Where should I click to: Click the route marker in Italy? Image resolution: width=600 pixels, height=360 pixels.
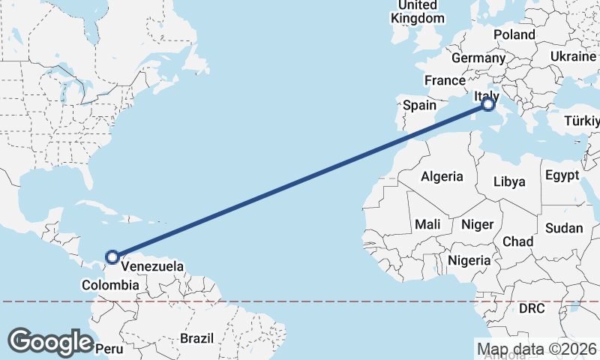(488, 104)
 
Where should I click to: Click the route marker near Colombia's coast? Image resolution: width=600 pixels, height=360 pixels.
(112, 257)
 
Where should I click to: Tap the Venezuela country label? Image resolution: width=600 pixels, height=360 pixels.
(152, 266)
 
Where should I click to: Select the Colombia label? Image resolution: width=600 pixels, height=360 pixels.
(110, 285)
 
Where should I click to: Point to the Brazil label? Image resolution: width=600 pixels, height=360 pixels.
(196, 338)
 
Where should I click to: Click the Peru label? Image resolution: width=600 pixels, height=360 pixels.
(109, 349)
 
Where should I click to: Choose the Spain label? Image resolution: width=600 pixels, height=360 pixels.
(419, 106)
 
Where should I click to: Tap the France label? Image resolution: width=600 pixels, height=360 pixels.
(445, 80)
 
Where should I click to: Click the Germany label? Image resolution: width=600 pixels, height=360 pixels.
(478, 58)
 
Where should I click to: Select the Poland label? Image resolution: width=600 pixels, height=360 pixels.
(514, 34)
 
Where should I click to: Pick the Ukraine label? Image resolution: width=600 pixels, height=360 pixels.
(573, 57)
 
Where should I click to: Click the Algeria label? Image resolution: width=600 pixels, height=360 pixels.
(442, 177)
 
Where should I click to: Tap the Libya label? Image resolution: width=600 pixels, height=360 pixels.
(509, 181)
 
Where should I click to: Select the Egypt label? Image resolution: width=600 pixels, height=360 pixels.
(562, 175)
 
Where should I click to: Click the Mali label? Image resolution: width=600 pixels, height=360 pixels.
(427, 224)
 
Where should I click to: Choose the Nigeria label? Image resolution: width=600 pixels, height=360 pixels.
(469, 260)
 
